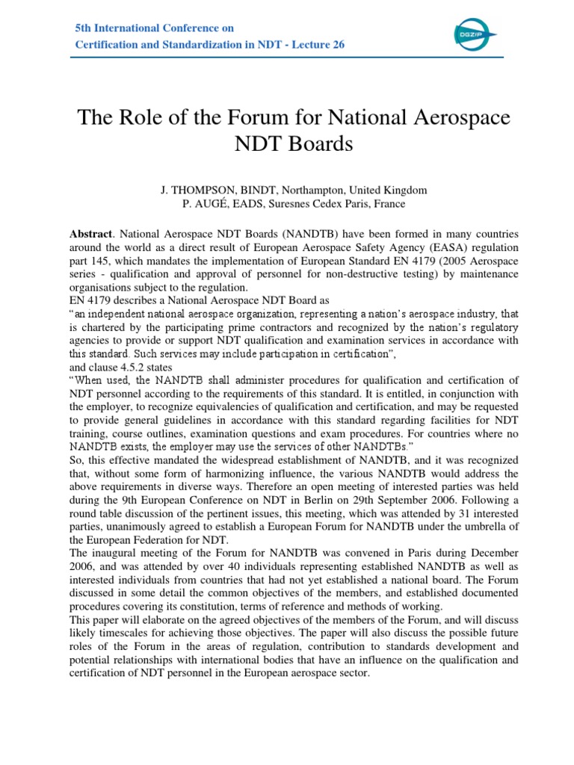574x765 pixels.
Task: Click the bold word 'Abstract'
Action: click(90, 233)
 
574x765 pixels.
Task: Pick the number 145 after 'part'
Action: click(99, 260)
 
